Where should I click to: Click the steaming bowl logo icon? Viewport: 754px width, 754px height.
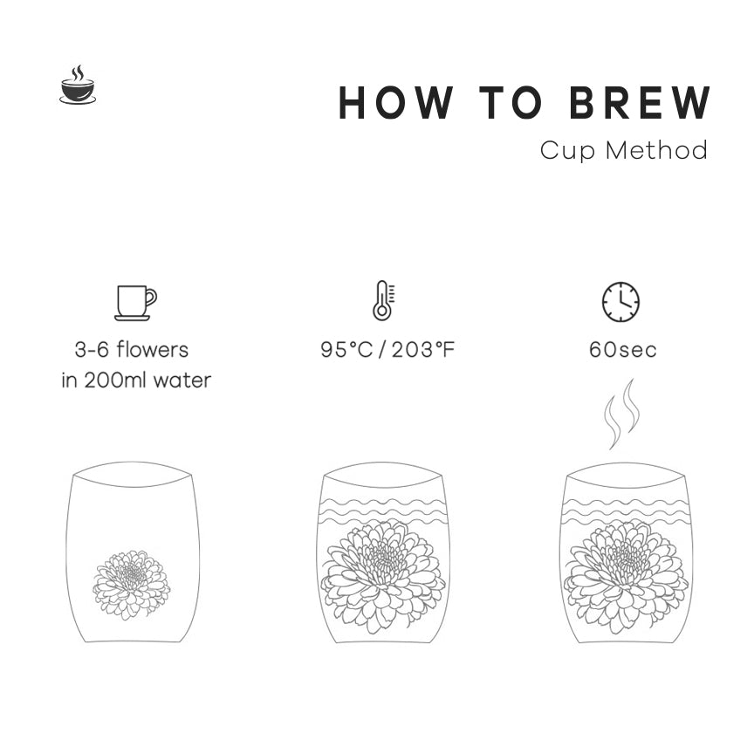(78, 86)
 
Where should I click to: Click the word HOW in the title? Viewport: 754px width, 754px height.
(395, 102)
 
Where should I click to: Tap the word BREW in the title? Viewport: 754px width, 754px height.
(640, 102)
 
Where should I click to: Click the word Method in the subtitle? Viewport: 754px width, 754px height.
(656, 150)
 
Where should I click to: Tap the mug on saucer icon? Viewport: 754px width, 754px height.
(135, 303)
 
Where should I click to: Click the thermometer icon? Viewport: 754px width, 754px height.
(383, 300)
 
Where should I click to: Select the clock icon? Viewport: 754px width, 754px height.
(620, 301)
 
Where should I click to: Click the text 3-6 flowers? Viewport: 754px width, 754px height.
(132, 350)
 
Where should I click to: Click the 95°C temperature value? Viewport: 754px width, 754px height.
(346, 350)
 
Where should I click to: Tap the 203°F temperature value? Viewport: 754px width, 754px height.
(422, 350)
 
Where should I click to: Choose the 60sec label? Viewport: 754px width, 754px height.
(623, 350)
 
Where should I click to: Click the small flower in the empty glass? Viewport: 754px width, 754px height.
(131, 586)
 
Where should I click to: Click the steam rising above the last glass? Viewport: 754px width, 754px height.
(622, 414)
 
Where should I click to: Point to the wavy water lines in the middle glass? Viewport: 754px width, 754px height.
(383, 511)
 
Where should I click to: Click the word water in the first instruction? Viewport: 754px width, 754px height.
(182, 380)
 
